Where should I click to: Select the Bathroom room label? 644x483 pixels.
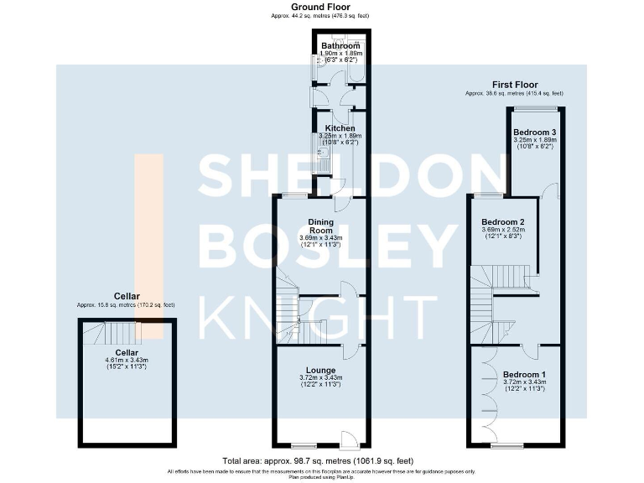click(340, 45)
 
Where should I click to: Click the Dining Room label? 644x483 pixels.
click(322, 226)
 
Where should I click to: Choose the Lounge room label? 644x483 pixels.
click(321, 370)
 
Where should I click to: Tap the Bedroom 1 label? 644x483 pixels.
click(524, 374)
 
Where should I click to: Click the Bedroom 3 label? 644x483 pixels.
click(534, 132)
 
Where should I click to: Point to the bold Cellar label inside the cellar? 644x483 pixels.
click(127, 352)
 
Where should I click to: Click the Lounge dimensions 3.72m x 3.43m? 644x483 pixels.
click(321, 378)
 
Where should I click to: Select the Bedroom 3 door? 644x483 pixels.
click(549, 191)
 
